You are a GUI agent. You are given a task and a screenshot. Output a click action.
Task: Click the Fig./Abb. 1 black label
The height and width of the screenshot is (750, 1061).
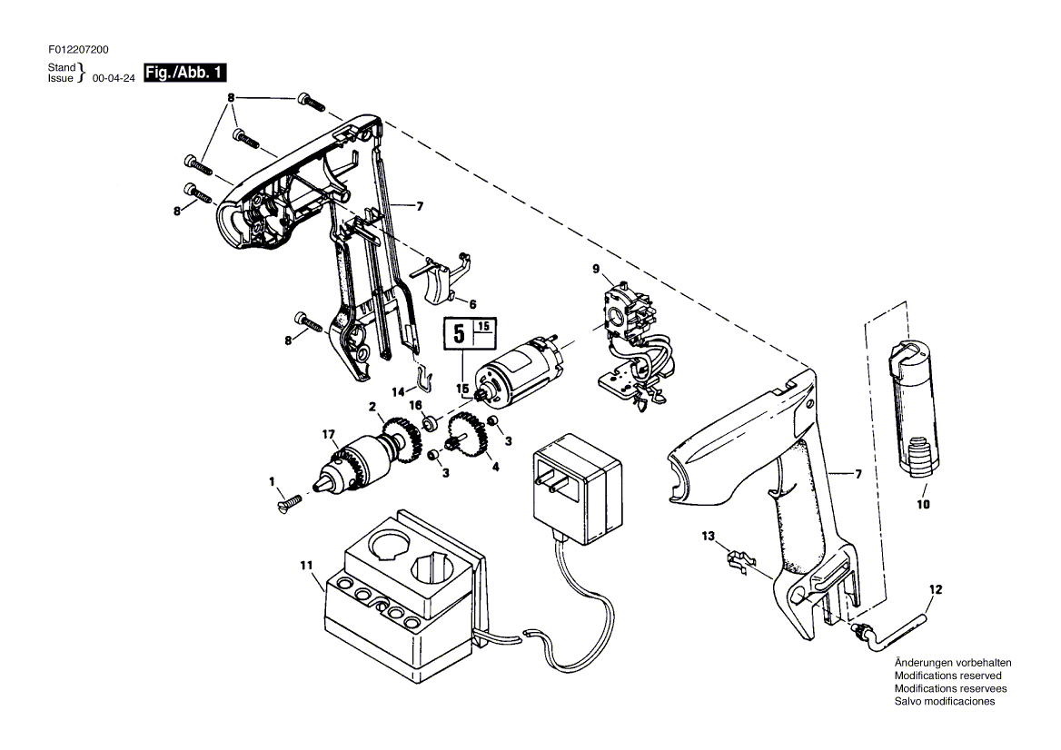(x=184, y=73)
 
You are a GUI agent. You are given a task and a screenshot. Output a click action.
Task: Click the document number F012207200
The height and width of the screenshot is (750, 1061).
(x=78, y=49)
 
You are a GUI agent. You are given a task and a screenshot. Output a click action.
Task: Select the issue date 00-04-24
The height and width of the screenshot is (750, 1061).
(x=114, y=78)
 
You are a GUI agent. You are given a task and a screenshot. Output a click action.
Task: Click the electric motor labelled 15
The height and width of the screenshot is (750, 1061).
(x=519, y=370)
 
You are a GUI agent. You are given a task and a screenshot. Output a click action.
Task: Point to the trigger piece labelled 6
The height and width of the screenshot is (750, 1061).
(x=444, y=277)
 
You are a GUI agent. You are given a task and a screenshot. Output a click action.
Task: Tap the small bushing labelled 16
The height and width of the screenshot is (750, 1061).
(x=429, y=425)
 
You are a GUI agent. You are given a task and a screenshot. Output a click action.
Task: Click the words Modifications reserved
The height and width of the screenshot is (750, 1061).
(x=948, y=676)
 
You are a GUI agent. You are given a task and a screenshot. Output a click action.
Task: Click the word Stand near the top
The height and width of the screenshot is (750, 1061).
(x=62, y=67)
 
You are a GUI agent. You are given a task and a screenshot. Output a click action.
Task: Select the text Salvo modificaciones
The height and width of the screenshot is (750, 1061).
(x=945, y=701)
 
